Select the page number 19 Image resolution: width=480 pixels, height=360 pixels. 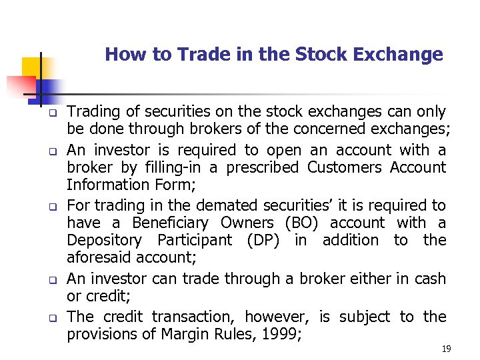click(x=446, y=349)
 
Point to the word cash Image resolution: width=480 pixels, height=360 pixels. click(x=430, y=279)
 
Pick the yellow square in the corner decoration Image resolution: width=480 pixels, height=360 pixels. click(x=31, y=67)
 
